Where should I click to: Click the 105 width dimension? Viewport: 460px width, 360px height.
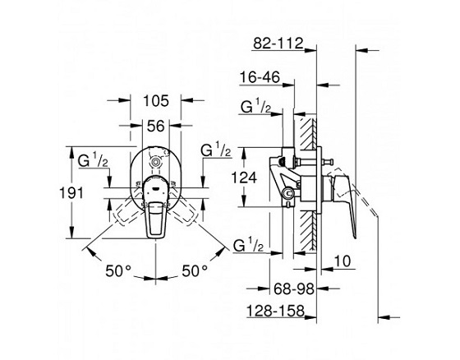click(156, 101)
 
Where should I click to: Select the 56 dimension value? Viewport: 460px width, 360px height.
click(156, 127)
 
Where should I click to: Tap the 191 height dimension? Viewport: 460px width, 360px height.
click(71, 193)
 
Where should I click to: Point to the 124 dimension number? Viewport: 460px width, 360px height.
click(244, 178)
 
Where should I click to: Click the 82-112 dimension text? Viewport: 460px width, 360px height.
click(278, 44)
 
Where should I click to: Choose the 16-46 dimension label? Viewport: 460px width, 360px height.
click(260, 77)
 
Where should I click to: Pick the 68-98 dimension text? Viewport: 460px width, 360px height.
click(294, 289)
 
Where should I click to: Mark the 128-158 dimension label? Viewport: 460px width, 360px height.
click(275, 311)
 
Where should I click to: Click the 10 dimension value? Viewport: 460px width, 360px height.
click(343, 261)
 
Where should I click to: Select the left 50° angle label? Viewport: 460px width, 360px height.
click(118, 270)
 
